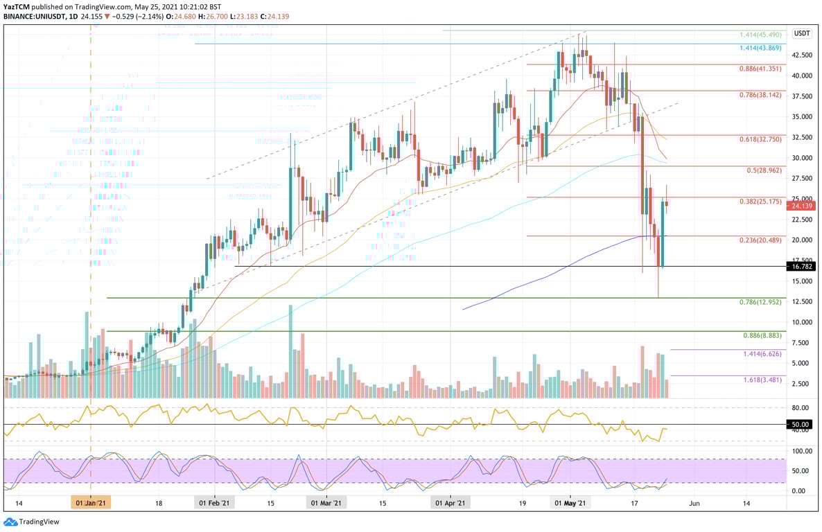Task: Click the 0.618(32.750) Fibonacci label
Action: pos(760,139)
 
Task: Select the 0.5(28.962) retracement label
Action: pos(764,170)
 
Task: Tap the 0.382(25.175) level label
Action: pos(760,202)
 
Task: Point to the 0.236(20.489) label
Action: pos(760,240)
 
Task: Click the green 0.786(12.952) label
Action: pos(760,302)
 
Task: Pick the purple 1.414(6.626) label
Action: pos(762,353)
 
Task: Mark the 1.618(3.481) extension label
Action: pos(762,380)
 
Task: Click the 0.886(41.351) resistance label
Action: pos(760,69)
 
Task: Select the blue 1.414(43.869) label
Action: pos(760,47)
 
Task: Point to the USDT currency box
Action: pos(802,33)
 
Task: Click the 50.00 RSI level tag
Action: pos(801,424)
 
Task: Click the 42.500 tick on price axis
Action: pos(802,55)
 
